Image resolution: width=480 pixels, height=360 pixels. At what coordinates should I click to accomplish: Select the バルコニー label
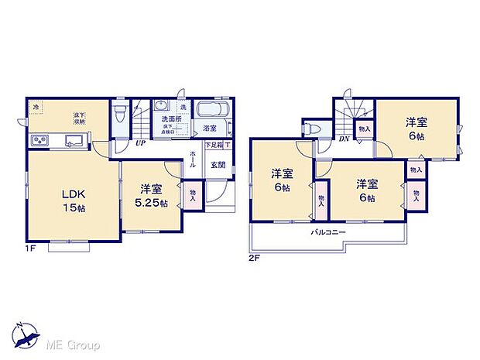[x=328, y=232]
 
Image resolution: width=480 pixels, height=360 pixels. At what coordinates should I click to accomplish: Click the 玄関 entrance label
[x=218, y=165]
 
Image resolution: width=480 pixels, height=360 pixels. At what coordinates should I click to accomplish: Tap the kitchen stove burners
[x=39, y=140]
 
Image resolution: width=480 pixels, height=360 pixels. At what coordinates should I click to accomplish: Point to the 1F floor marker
[x=30, y=249]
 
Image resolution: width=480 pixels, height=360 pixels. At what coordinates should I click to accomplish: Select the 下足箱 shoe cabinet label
[x=214, y=145]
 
